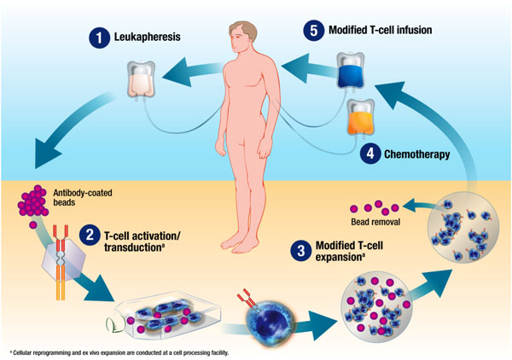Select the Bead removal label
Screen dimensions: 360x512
coord(369,208)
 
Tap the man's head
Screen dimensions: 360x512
coord(241,33)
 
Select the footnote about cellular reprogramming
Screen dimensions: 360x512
coord(119,351)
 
